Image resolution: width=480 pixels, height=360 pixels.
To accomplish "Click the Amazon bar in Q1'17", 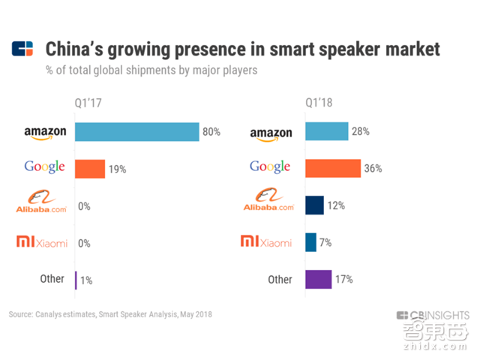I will (x=136, y=132).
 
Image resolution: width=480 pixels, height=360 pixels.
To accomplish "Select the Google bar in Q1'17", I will (x=90, y=169).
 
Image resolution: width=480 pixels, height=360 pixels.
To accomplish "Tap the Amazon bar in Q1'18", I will (x=327, y=132).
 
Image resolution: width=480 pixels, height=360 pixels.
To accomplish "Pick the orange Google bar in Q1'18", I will (x=333, y=169).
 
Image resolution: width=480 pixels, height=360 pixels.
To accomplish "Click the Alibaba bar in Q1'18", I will (x=315, y=205).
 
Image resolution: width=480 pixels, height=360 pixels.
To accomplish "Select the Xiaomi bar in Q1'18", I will (x=310, y=242).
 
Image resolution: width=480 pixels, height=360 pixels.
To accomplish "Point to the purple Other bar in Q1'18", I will (x=319, y=279).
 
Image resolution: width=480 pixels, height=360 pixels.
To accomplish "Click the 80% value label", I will (x=211, y=132).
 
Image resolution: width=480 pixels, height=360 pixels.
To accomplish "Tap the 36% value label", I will (x=373, y=169).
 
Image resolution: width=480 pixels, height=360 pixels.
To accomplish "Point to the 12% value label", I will (x=335, y=205).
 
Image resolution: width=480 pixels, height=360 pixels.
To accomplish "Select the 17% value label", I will (x=343, y=279).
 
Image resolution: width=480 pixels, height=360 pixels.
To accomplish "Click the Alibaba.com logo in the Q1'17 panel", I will (x=41, y=204).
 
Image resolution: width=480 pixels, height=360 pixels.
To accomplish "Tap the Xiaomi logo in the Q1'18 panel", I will (x=266, y=241).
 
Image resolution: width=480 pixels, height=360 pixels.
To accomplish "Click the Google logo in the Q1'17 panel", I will (x=44, y=167).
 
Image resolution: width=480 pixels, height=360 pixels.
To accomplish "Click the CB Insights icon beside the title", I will (x=23, y=49).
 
